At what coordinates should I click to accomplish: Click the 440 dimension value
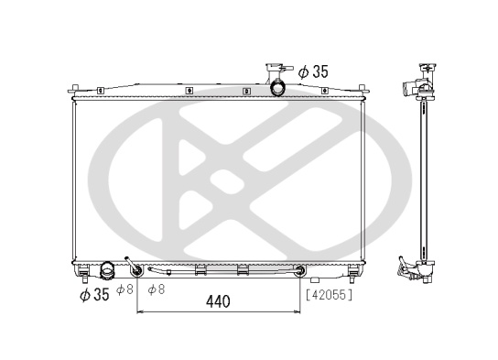pyautogui.click(x=218, y=301)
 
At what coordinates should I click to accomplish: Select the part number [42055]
pyautogui.click(x=329, y=295)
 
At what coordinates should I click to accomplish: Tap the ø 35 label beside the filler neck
pyautogui.click(x=313, y=71)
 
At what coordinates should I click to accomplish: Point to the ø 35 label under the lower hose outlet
pyautogui.click(x=94, y=295)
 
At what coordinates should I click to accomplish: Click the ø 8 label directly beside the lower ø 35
pyautogui.click(x=124, y=289)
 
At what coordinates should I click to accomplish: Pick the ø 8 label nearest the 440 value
pyautogui.click(x=157, y=289)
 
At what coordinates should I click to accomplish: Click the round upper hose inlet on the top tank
pyautogui.click(x=277, y=87)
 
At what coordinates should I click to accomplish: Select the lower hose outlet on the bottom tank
pyautogui.click(x=107, y=270)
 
